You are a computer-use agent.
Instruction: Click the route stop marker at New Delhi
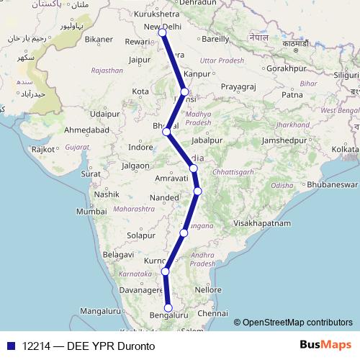coord(162,33)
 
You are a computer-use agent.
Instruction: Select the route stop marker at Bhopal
coord(166,132)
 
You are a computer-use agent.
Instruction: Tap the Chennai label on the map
coord(212,314)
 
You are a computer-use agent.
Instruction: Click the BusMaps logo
coord(325,345)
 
